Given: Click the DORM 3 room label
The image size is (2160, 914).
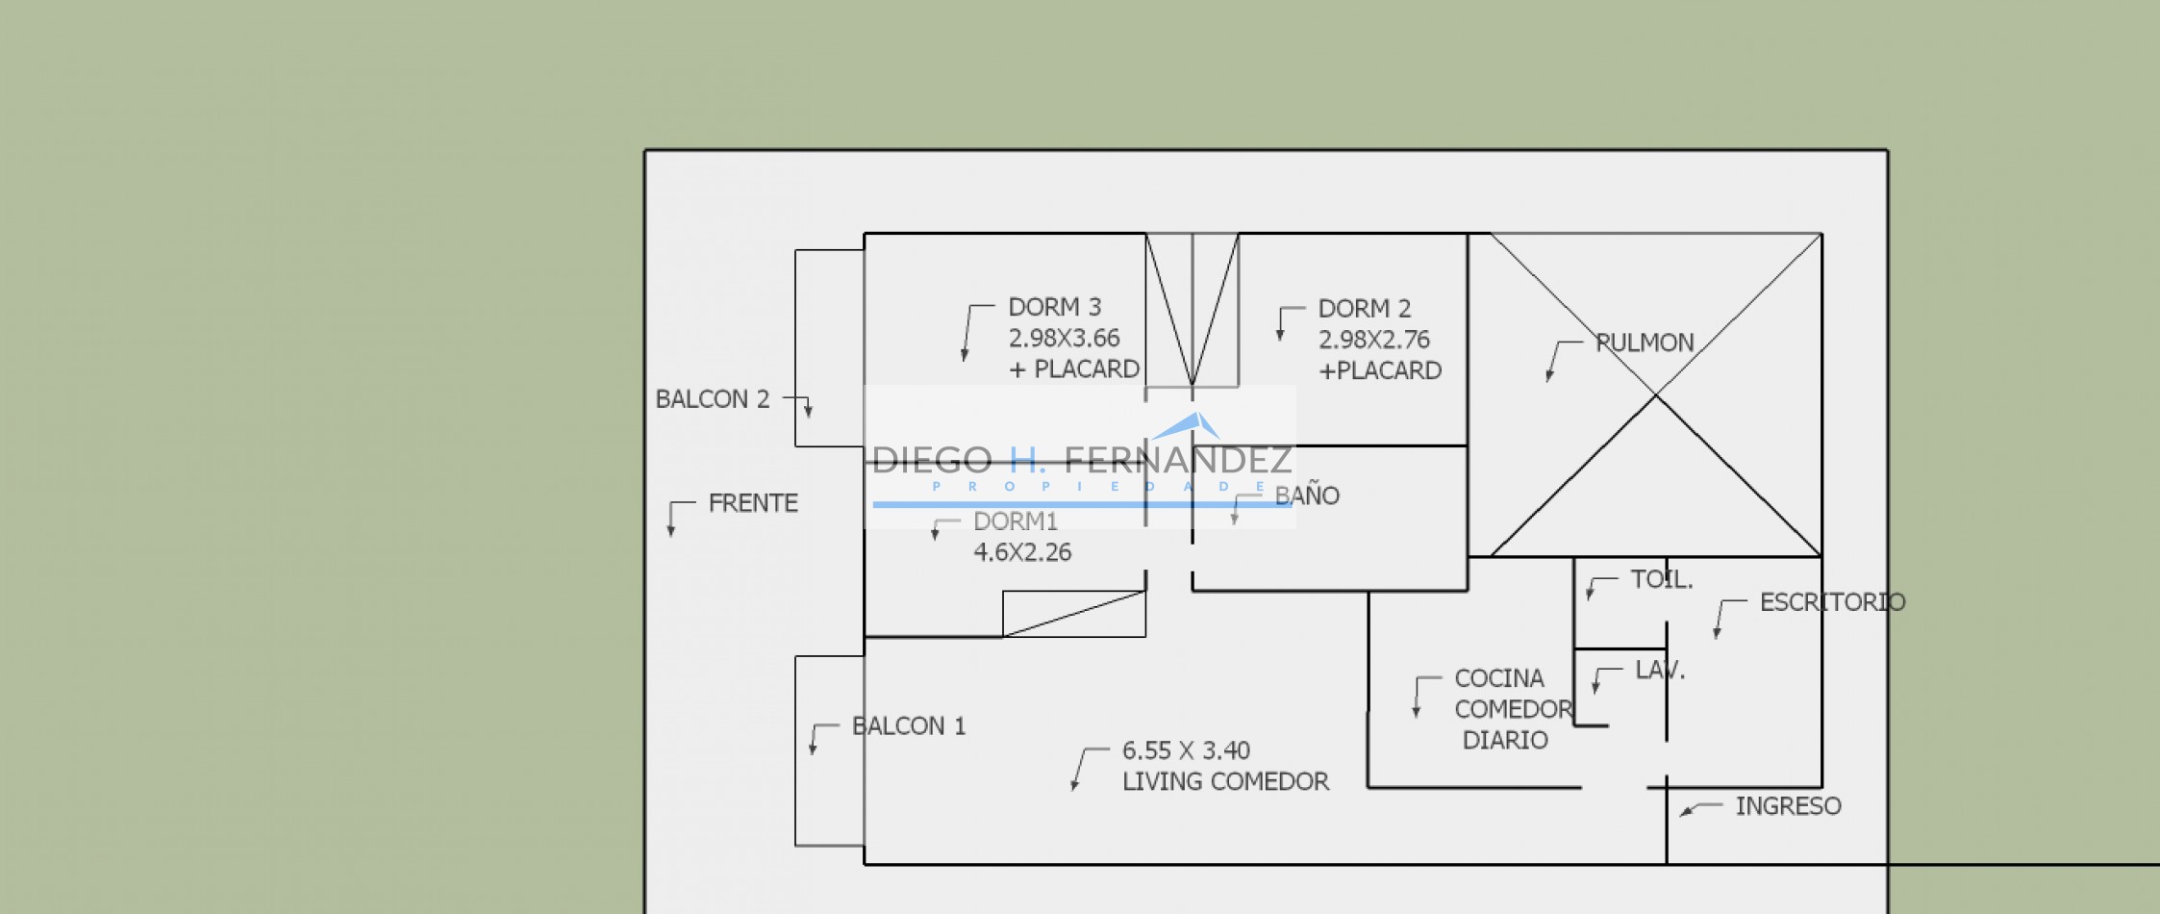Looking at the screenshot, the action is point(1054,307).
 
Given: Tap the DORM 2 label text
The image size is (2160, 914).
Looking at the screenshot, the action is point(1364,309).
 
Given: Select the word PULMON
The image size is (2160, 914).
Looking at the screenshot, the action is point(1645,343).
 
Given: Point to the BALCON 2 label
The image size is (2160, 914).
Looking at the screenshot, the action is point(713,399).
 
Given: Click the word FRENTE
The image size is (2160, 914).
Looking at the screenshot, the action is point(753,503).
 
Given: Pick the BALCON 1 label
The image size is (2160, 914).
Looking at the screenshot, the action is point(909,726).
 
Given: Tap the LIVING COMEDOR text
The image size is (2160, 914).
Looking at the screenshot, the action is point(1225,781).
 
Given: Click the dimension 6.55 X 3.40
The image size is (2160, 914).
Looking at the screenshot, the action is point(1186,750).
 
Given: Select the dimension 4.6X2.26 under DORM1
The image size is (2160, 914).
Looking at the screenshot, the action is point(1022,552).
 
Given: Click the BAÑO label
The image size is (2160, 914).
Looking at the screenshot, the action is point(1307,495).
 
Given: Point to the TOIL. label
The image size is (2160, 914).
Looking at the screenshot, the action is point(1661,579).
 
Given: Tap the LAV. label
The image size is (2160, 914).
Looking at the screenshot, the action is point(1660,670).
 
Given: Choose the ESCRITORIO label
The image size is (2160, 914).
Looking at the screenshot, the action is point(1832,602).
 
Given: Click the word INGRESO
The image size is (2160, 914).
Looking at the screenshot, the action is point(1788,806).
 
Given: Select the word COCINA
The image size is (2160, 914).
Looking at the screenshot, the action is point(1498,678).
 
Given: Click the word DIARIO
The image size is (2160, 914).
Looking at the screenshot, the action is point(1505,740).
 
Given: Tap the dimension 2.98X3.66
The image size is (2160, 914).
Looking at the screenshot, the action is point(1064,339).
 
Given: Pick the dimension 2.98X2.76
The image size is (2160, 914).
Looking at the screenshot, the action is point(1373,340).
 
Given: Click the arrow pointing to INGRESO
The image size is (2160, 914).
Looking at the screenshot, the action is point(1700,808).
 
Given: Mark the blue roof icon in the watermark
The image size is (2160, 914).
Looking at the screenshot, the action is point(1188,425).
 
